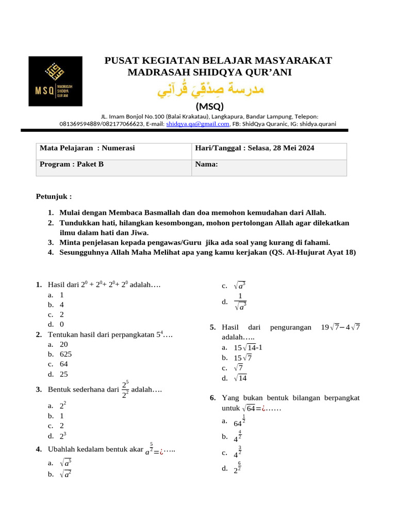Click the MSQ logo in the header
click(x=55, y=81)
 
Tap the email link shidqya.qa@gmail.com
click(x=197, y=124)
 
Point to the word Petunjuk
click(x=54, y=197)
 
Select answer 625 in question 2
click(x=66, y=354)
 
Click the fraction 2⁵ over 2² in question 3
click(x=125, y=390)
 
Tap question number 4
click(x=39, y=449)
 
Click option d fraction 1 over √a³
click(x=240, y=302)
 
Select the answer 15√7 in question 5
click(x=242, y=358)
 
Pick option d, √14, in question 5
click(x=240, y=378)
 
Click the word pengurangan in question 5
click(x=290, y=327)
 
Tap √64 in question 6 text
click(x=249, y=408)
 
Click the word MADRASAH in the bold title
click(x=158, y=72)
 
